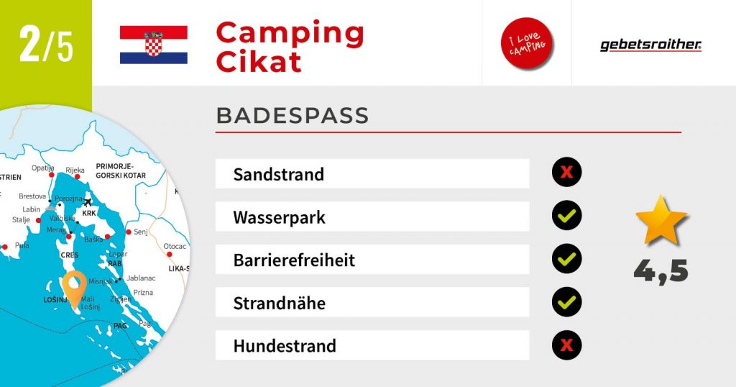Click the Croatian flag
click(154, 45)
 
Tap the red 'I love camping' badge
click(527, 43)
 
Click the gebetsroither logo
click(650, 45)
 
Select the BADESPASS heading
click(293, 116)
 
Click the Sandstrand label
click(279, 174)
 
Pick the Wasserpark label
click(280, 217)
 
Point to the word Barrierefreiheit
click(294, 260)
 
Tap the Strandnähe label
click(280, 303)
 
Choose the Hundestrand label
click(285, 346)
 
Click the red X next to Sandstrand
click(566, 172)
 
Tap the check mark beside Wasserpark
click(566, 215)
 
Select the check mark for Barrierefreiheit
click(566, 258)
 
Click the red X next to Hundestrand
click(566, 345)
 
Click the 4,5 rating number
click(661, 271)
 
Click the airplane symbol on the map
click(87, 202)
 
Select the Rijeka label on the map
click(75, 170)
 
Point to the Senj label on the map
click(141, 232)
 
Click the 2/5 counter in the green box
click(46, 44)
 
